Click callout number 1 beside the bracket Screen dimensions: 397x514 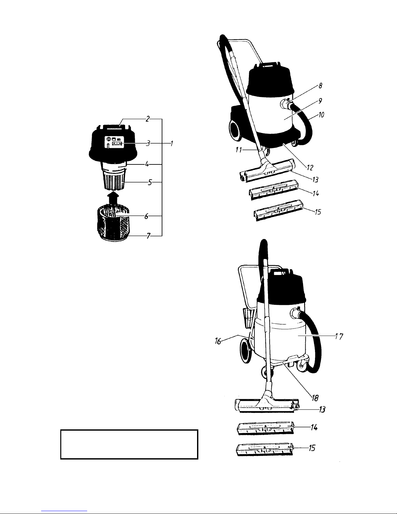pyautogui.click(x=172, y=143)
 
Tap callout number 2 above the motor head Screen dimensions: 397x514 pyautogui.click(x=148, y=119)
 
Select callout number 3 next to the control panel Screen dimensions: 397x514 pyautogui.click(x=148, y=143)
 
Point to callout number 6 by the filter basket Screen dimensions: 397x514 pyautogui.click(x=146, y=216)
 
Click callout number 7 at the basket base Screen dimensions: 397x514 pyautogui.click(x=148, y=235)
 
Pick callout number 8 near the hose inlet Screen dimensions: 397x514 pyautogui.click(x=320, y=86)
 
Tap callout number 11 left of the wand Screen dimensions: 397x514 pyautogui.click(x=239, y=150)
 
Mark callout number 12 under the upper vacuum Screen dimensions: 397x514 pyautogui.click(x=310, y=168)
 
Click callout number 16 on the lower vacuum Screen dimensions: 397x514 pyautogui.click(x=218, y=341)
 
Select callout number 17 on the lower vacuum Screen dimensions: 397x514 pyautogui.click(x=339, y=336)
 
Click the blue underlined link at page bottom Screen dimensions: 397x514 pyautogui.click(x=64, y=511)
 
